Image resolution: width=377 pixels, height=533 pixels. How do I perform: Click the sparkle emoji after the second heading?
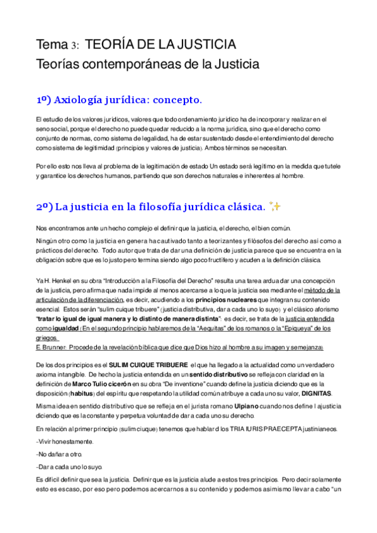pyautogui.click(x=274, y=206)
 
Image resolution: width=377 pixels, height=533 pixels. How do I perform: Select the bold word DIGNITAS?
pyautogui.click(x=315, y=393)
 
